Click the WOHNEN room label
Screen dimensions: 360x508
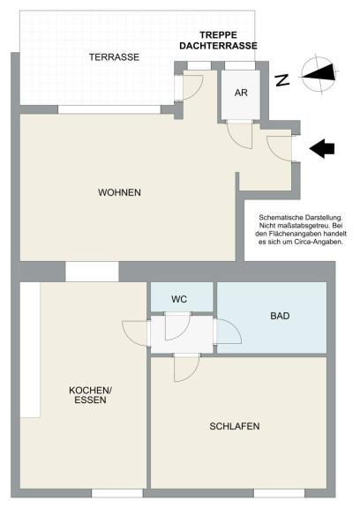[119, 192]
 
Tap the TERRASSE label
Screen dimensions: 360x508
[114, 57]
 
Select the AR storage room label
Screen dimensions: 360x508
[241, 93]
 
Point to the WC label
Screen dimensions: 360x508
[179, 299]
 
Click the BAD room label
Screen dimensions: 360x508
[280, 316]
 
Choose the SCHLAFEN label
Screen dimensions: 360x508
[235, 426]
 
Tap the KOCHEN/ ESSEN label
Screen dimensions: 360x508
[90, 395]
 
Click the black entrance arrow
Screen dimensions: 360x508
[322, 149]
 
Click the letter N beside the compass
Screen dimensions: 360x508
[282, 80]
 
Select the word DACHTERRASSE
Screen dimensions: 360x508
[219, 46]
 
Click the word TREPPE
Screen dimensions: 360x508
[219, 35]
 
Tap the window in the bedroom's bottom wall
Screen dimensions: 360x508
[279, 493]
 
